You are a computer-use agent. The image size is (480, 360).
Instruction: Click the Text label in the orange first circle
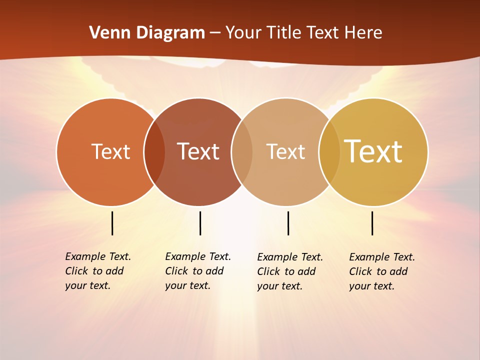point(110,151)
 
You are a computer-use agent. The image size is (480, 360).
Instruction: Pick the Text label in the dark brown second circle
point(198,151)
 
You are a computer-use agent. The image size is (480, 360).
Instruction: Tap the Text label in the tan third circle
point(285,151)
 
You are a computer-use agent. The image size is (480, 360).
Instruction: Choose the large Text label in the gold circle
point(373,151)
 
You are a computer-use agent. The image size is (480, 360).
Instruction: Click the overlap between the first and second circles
point(154,152)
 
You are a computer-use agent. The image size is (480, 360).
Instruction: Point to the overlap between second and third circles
point(242,152)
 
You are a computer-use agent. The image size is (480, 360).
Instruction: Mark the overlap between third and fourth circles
point(329,152)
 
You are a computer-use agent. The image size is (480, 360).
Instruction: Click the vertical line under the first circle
point(112,223)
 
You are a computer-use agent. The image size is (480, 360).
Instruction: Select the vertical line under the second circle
point(200,223)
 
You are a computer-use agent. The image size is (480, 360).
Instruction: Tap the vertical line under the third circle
point(288,223)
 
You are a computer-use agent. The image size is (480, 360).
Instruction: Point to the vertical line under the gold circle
point(372,223)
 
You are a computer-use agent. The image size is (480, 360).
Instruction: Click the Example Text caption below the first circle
point(97,271)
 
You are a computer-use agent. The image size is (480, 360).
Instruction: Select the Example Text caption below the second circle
point(197,271)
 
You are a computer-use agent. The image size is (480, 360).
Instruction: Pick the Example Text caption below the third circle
point(289,271)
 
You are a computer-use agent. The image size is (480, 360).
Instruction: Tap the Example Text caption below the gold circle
point(381,271)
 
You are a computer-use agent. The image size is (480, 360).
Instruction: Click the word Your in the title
point(244,33)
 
